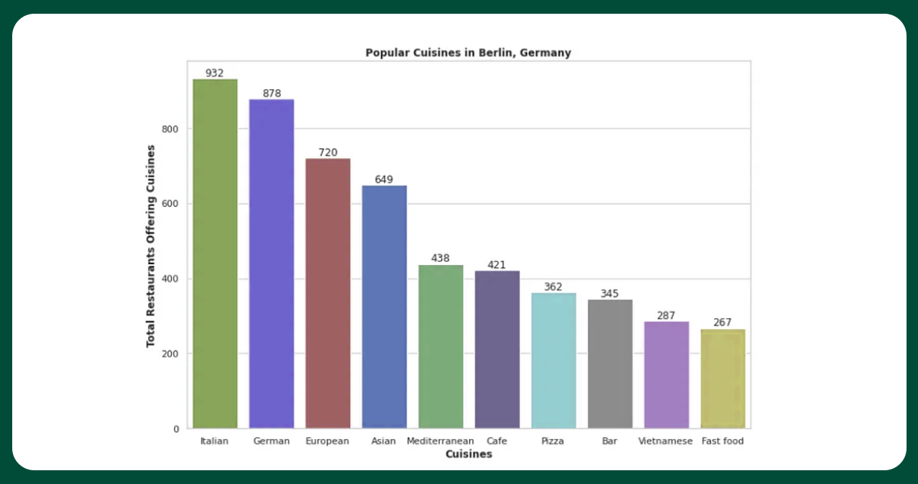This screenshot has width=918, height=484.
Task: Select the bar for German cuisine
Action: pyautogui.click(x=271, y=263)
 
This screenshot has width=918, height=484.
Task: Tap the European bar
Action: pyautogui.click(x=328, y=293)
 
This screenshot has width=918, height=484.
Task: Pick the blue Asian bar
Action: pyautogui.click(x=384, y=307)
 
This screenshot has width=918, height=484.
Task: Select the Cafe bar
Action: pyautogui.click(x=497, y=350)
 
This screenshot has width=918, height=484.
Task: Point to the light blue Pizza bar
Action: pyautogui.click(x=554, y=360)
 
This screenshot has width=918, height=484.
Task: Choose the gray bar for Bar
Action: pyautogui.click(x=610, y=363)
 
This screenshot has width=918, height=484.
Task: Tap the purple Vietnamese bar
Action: pyautogui.click(x=667, y=375)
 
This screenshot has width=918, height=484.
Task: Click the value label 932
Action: pyautogui.click(x=215, y=73)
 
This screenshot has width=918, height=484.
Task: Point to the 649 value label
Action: pyautogui.click(x=384, y=179)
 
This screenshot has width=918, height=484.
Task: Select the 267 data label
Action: pyautogui.click(x=722, y=322)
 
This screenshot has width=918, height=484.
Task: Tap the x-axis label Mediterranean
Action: pyautogui.click(x=441, y=441)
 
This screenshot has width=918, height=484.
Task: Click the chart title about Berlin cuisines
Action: pyautogui.click(x=468, y=53)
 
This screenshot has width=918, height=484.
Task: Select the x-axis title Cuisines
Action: pyautogui.click(x=468, y=454)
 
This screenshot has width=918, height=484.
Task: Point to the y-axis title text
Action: pyautogui.click(x=151, y=246)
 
